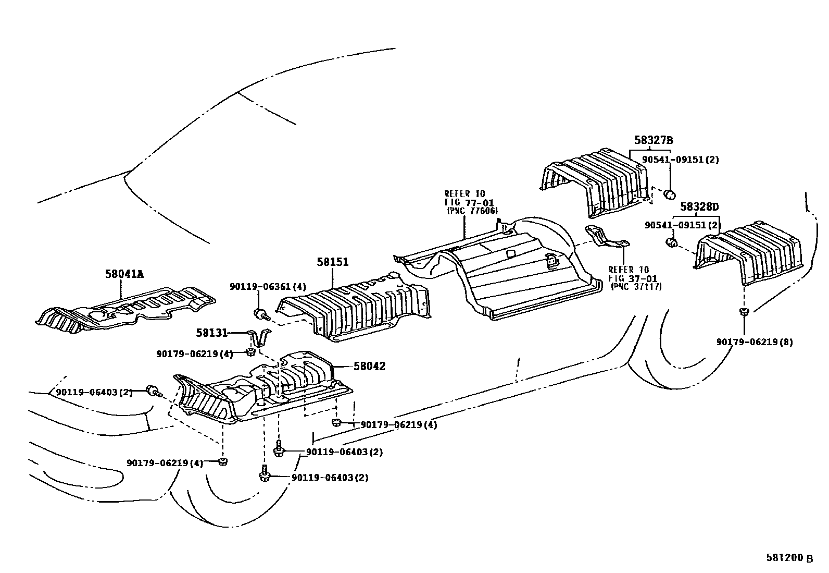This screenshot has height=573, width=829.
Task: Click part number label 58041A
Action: click(124, 273)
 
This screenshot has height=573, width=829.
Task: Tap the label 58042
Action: click(369, 367)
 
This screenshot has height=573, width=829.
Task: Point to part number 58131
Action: click(211, 332)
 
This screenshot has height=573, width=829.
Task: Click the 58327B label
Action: click(654, 140)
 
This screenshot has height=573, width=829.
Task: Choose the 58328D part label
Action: click(699, 207)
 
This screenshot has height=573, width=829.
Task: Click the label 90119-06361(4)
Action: click(268, 286)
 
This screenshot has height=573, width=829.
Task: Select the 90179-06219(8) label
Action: click(755, 342)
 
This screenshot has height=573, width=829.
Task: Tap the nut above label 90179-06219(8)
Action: click(744, 312)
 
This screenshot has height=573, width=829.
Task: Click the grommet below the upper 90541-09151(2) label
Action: click(670, 195)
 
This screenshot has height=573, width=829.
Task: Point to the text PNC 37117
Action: click(636, 286)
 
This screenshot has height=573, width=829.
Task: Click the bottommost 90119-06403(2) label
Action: click(330, 478)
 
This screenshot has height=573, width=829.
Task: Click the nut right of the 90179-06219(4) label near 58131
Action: click(250, 353)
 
